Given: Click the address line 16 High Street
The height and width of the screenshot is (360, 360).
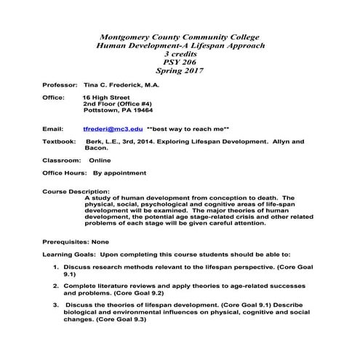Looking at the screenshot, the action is [x=108, y=97].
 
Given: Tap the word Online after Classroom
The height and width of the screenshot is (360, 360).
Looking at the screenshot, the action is [x=100, y=159].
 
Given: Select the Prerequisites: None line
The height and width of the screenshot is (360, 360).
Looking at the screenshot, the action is [x=76, y=241].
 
